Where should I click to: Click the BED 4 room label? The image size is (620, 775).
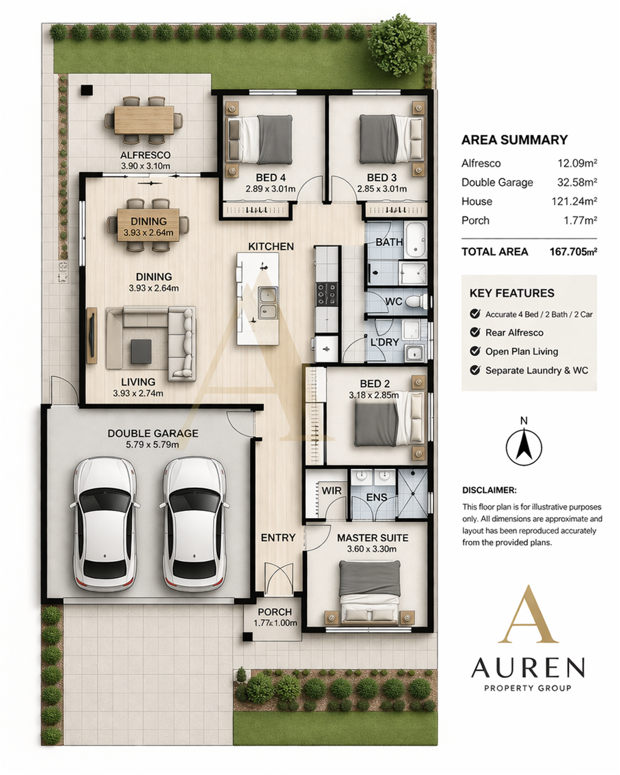271,178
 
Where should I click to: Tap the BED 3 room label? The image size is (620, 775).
382,178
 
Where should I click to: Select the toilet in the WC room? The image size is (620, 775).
417,301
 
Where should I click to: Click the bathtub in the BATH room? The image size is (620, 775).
415,239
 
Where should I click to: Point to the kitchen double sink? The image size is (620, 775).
268,302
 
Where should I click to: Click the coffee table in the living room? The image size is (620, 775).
141,351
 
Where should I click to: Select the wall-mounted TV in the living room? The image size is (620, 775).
92,335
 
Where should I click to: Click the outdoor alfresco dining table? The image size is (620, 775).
144,120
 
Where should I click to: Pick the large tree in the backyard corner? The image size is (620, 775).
398,45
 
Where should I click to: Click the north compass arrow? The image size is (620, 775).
524,444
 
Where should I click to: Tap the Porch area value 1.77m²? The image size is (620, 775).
580,220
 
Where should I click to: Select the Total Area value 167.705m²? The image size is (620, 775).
573,251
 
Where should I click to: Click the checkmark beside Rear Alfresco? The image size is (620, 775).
475,332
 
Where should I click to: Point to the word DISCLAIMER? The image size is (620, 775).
489,490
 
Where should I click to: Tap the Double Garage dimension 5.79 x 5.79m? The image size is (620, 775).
152,445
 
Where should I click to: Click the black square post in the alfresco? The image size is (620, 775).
87,90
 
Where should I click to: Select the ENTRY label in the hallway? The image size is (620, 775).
278,537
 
